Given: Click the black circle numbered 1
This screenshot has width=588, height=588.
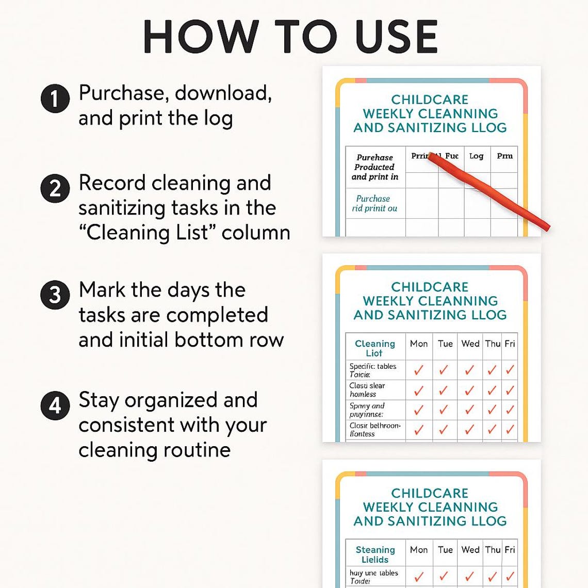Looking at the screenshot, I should click(55, 98).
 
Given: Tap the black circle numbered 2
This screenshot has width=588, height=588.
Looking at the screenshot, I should click(55, 188).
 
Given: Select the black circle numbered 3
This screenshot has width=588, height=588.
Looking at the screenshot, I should click(55, 295).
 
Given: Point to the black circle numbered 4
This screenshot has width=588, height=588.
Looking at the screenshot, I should click(55, 405).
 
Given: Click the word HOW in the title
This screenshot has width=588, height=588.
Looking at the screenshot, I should click(200, 37).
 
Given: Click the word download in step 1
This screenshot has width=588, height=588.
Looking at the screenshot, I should click(223, 93).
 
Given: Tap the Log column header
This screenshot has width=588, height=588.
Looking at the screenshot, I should click(476, 156).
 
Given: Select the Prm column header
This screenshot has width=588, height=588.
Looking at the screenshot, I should click(504, 156).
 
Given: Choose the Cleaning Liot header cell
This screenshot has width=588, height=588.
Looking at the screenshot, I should click(374, 348).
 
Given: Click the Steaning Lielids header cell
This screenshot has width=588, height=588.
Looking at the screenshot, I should click(375, 554).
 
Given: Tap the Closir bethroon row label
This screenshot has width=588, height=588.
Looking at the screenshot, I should click(374, 430).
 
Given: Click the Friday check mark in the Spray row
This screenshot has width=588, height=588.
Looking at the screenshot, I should click(510, 410).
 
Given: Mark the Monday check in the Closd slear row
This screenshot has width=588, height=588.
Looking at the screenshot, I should click(419, 390).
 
